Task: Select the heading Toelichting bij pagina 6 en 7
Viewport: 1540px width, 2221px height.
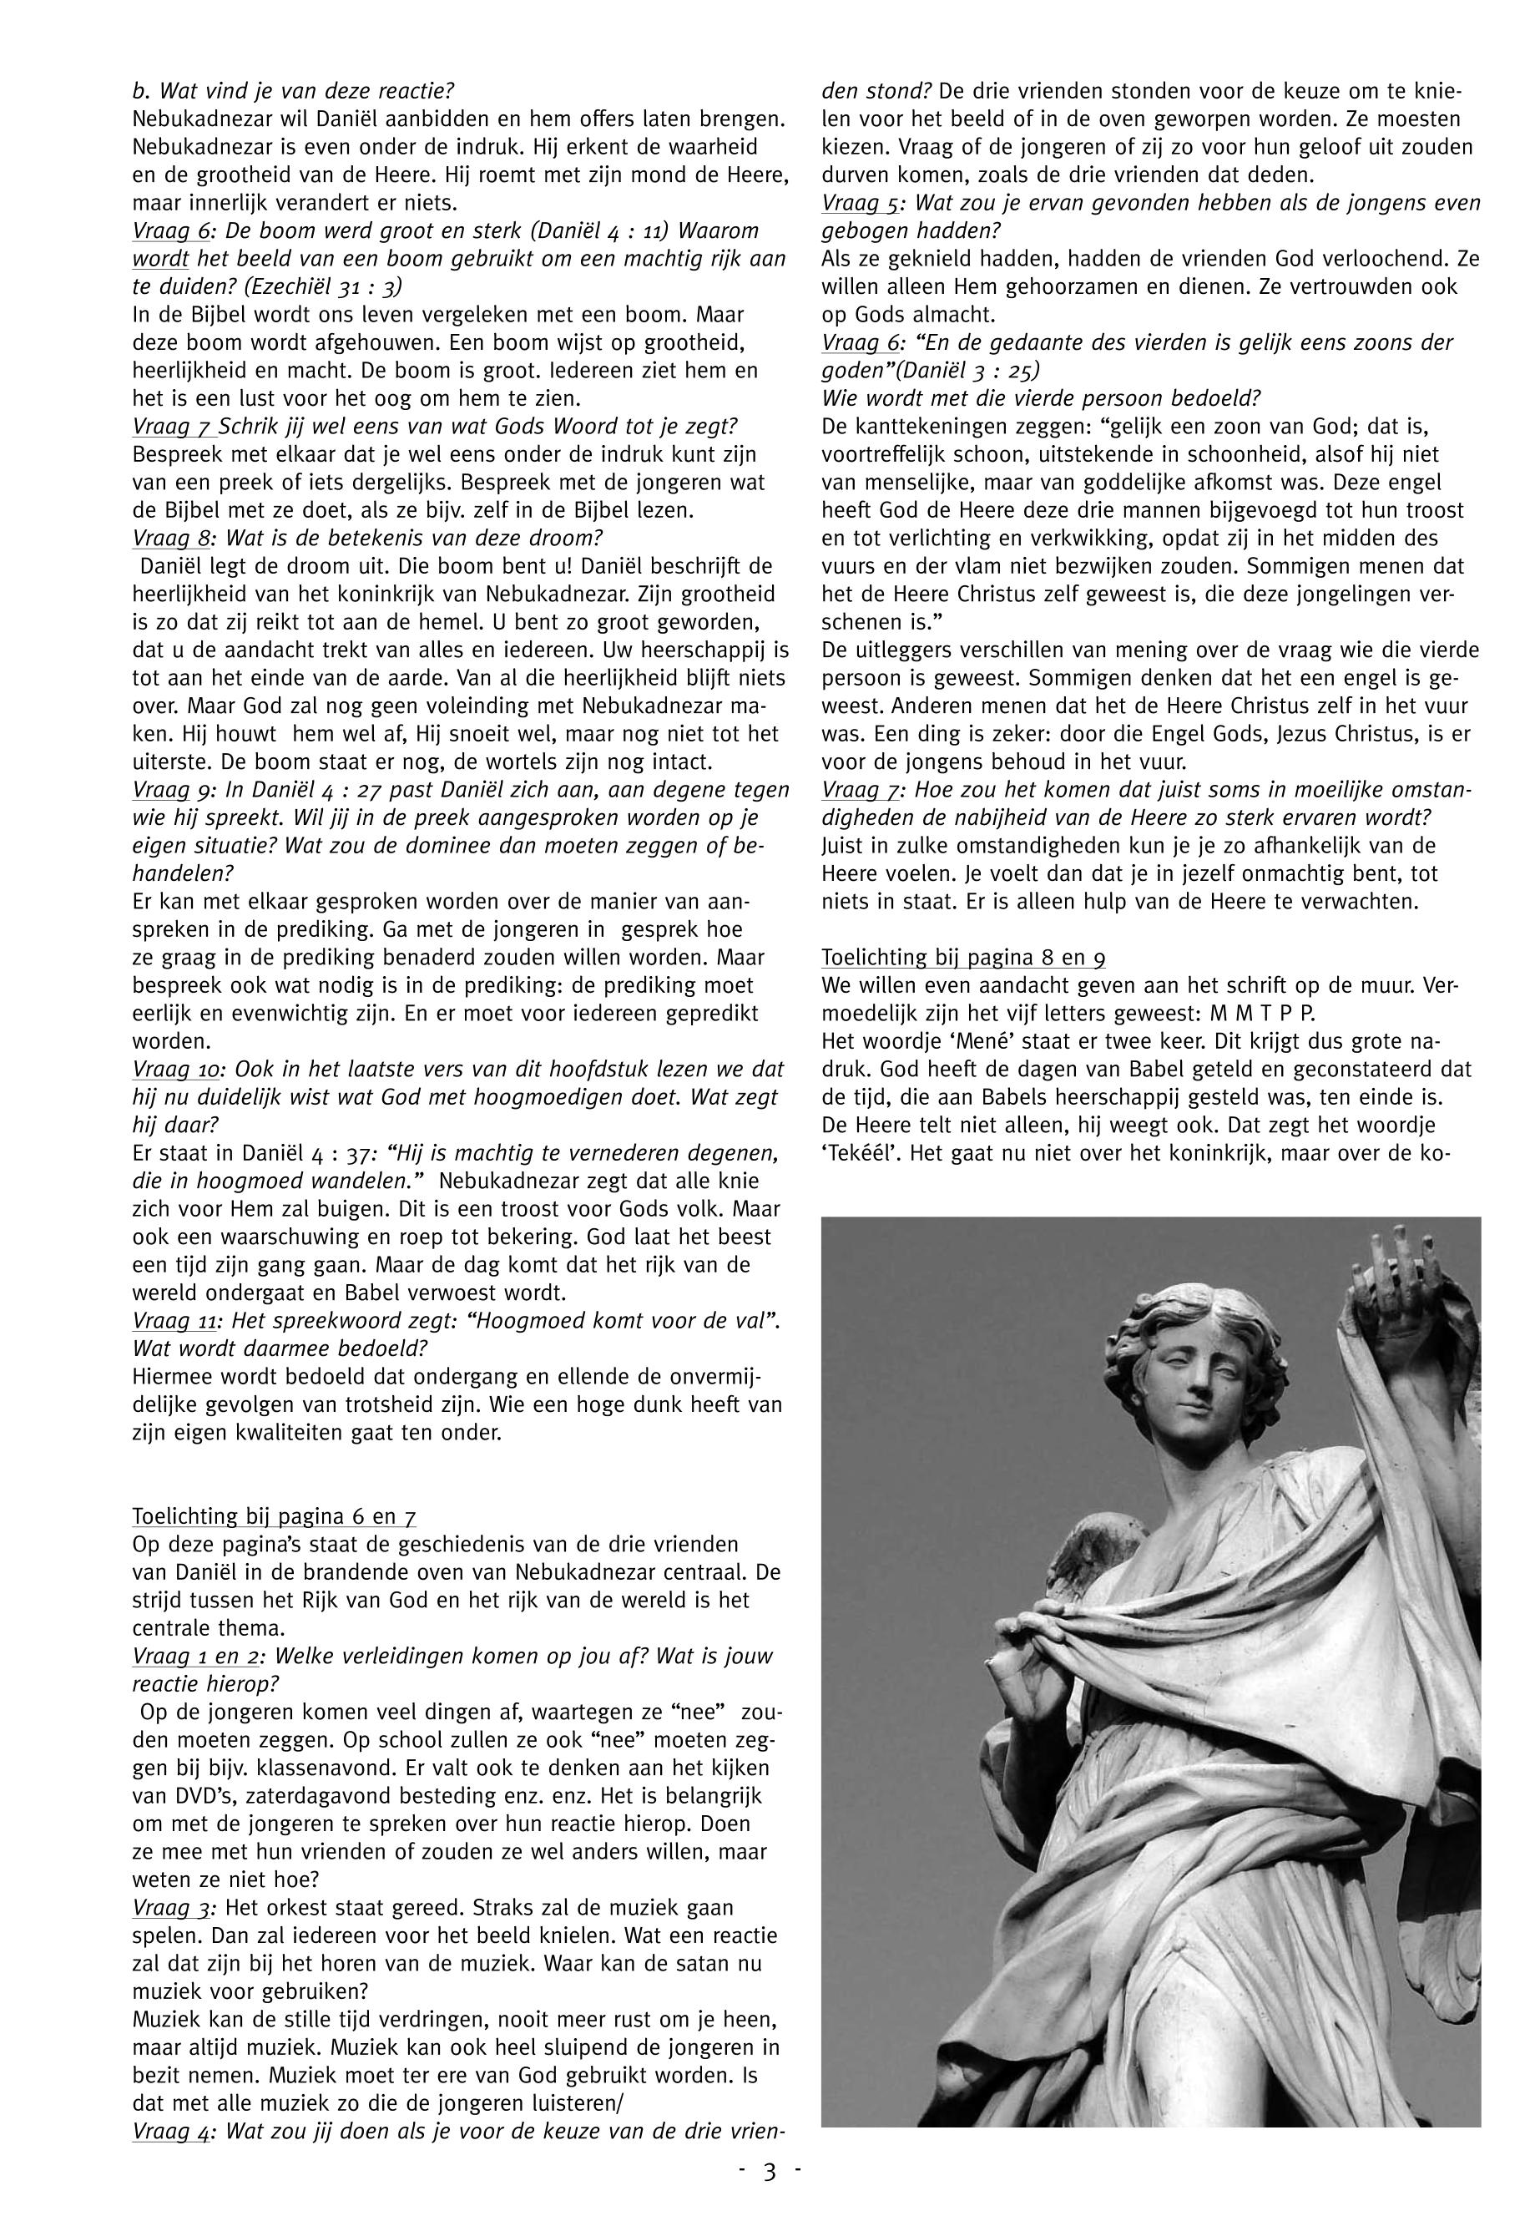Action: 274,1517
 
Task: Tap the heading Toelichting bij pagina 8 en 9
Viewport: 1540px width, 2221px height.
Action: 963,959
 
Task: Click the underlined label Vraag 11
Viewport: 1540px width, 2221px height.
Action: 179,1322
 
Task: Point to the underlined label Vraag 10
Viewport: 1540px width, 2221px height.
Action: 179,1070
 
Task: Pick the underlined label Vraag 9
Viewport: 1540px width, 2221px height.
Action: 174,791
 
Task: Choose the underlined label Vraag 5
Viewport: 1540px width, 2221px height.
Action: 864,204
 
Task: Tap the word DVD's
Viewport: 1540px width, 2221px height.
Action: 188,1798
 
